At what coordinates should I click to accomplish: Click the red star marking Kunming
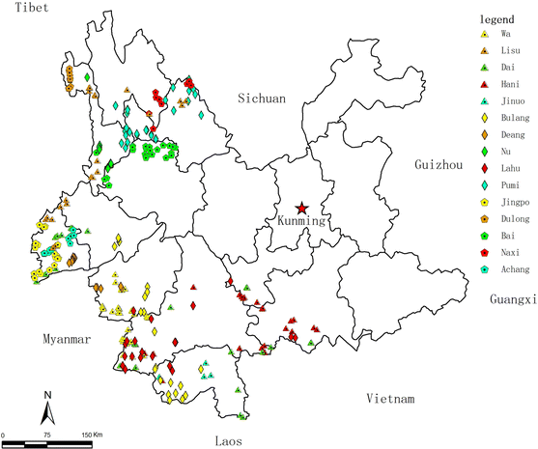coord(302,208)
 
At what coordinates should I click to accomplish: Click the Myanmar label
coord(66,340)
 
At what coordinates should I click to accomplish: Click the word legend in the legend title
coord(496,19)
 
